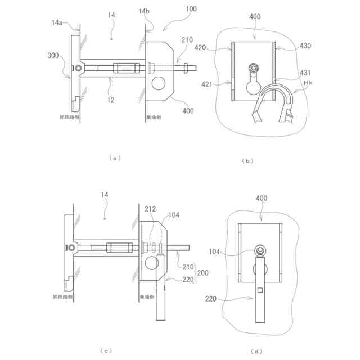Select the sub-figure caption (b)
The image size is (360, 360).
247,160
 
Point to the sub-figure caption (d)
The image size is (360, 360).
257,352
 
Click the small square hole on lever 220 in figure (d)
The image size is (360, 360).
260,290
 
